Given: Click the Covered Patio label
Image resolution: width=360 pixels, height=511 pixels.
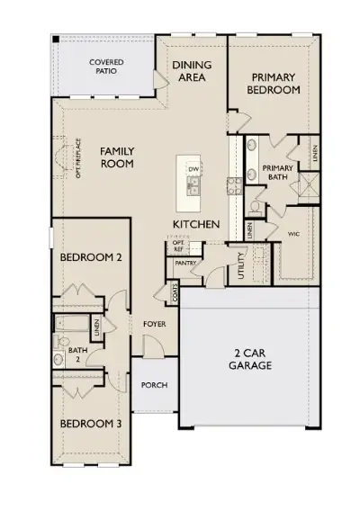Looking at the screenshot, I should click(x=106, y=67).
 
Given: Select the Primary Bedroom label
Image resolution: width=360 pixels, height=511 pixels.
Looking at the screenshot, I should click(x=275, y=84).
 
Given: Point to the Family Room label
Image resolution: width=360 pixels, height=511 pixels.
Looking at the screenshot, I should click(x=117, y=157).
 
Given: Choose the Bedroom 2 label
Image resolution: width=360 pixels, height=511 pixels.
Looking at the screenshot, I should click(x=91, y=258).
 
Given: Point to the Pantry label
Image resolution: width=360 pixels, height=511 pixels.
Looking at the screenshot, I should click(x=186, y=264).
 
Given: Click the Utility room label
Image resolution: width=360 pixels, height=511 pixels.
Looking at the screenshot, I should click(x=241, y=265).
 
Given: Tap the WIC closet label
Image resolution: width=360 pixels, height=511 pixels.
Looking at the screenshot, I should click(x=292, y=233).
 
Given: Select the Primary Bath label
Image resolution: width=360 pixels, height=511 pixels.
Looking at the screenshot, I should click(x=277, y=175).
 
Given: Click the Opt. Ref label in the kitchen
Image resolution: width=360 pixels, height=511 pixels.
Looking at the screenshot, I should click(x=177, y=247).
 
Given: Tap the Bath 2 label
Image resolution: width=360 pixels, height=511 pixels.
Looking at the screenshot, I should click(x=77, y=354).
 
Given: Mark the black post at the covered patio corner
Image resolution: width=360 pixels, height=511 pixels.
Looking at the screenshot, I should click(x=56, y=40).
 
